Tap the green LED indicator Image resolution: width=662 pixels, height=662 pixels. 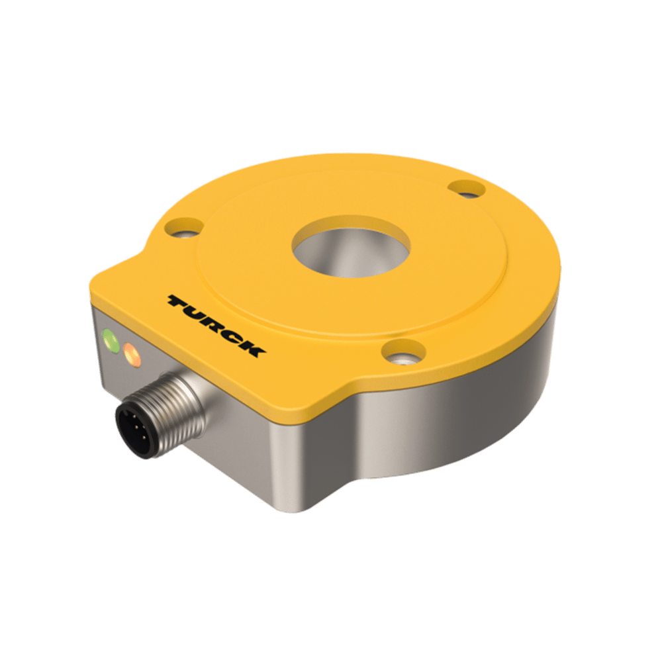click(x=111, y=342)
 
